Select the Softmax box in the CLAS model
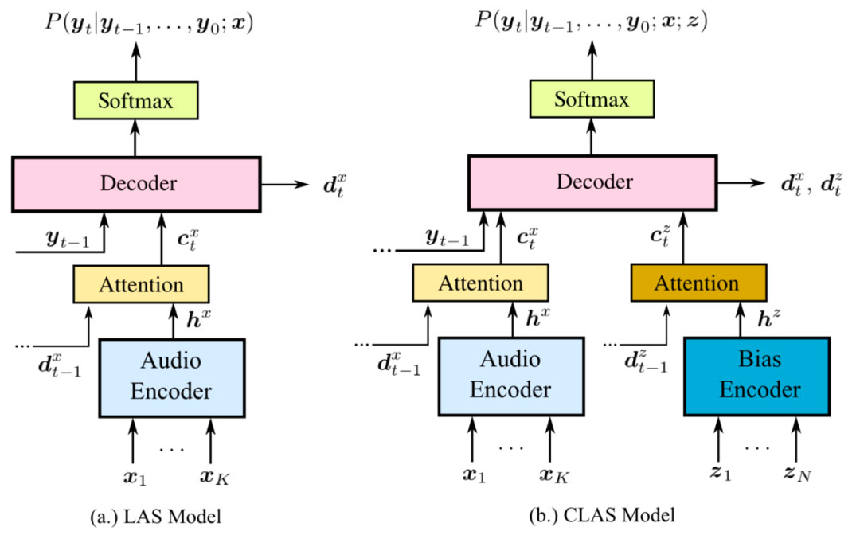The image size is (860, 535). tap(591, 100)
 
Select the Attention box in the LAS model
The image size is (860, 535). tap(141, 284)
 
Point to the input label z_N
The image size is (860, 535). tap(796, 476)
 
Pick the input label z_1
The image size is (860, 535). tap(720, 476)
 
